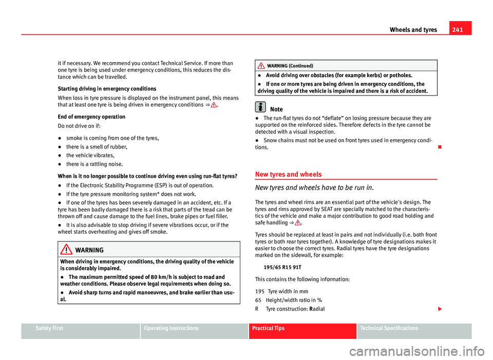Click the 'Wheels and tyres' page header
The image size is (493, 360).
tap(414, 30)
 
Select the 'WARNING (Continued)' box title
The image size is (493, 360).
tap(290, 66)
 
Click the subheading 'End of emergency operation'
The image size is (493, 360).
tap(90, 117)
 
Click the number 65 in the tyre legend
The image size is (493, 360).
tap(258, 300)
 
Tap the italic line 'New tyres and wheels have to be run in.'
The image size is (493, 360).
tap(312, 188)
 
